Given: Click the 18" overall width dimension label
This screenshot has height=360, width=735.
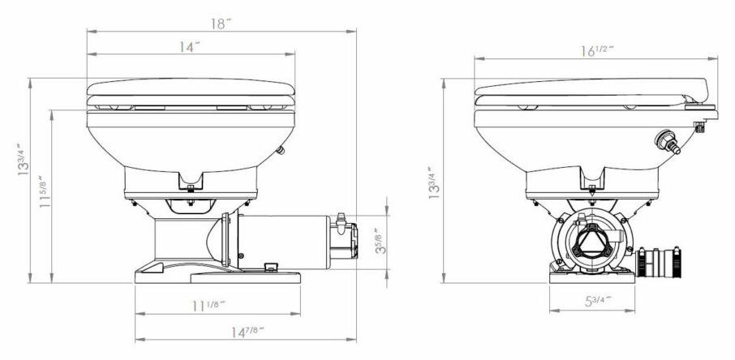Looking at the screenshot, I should (x=218, y=24).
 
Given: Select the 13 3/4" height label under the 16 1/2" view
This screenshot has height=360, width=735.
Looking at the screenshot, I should (x=436, y=182).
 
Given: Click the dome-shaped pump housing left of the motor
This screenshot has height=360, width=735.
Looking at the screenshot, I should (x=212, y=242).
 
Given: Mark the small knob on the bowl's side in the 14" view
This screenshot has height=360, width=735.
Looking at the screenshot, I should (x=281, y=149).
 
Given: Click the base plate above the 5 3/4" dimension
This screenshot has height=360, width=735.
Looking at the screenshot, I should (x=590, y=277).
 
